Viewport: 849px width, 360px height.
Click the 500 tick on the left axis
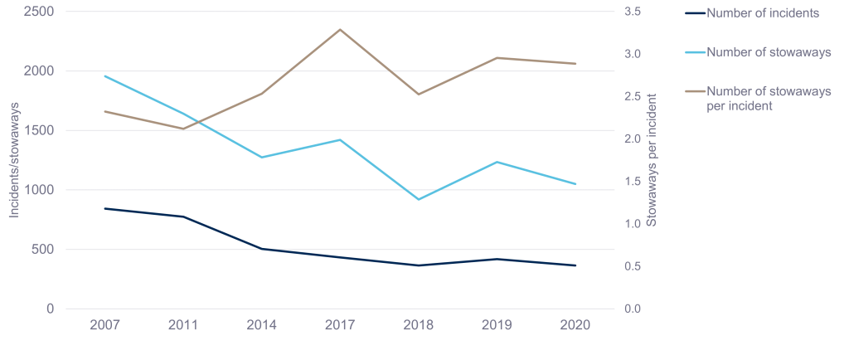pyautogui.click(x=43, y=250)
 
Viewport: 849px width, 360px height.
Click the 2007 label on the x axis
pyautogui.click(x=105, y=325)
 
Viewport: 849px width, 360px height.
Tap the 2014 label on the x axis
pyautogui.click(x=262, y=325)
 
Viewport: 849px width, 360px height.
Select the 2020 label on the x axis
pyautogui.click(x=575, y=325)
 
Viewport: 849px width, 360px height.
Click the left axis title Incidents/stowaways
pyautogui.click(x=14, y=161)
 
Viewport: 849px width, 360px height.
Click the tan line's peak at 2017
pyautogui.click(x=341, y=30)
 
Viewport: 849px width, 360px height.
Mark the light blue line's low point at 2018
pyautogui.click(x=419, y=199)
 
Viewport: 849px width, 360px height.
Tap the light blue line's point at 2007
pyautogui.click(x=105, y=76)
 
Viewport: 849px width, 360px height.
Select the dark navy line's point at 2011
pyautogui.click(x=184, y=216)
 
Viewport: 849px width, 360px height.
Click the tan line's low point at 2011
pyautogui.click(x=184, y=129)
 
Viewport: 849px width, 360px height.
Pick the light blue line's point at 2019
pyautogui.click(x=497, y=162)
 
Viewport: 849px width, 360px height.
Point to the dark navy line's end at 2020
pyautogui.click(x=575, y=265)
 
